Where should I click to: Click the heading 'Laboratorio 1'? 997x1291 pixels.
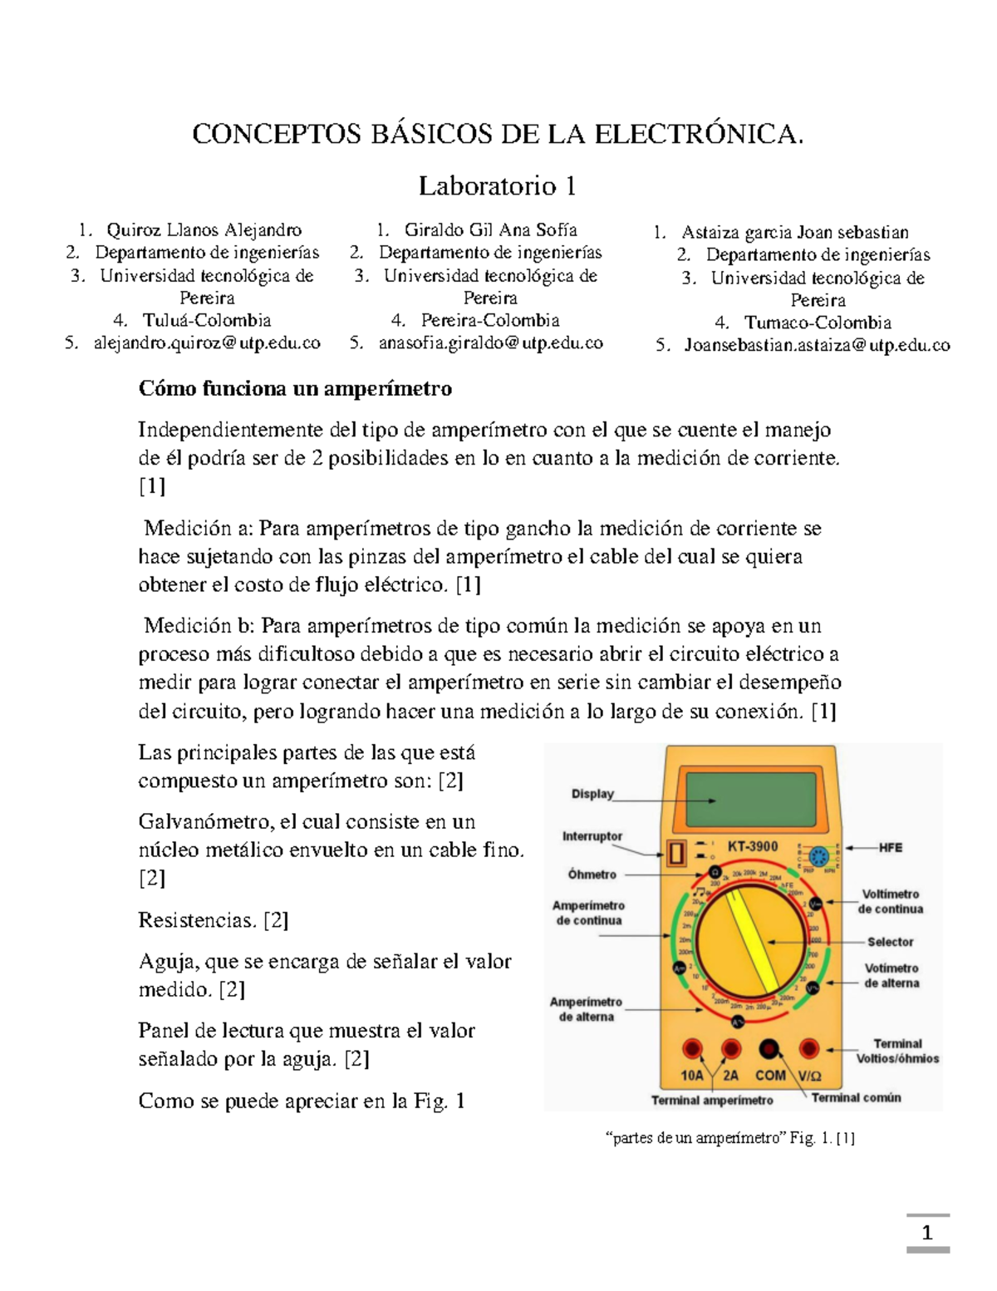(x=497, y=185)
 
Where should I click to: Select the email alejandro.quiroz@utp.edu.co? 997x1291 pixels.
(x=206, y=342)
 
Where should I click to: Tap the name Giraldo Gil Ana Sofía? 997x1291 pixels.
(x=490, y=229)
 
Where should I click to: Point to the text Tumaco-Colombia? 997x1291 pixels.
(x=818, y=323)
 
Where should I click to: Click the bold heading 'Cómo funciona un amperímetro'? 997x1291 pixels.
(x=295, y=388)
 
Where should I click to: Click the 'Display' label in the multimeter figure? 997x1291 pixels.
(x=592, y=794)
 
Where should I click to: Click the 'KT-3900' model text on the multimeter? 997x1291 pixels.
(x=753, y=846)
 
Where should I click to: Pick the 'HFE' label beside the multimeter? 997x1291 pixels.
(x=891, y=848)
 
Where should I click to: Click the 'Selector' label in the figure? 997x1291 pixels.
(x=890, y=942)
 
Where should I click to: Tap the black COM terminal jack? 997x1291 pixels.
(x=770, y=1049)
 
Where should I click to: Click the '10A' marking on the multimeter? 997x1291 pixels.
(x=692, y=1076)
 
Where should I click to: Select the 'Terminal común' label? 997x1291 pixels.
(x=856, y=1098)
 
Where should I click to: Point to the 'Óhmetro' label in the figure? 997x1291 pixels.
(x=592, y=875)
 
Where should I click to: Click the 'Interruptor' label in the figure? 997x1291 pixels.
(x=592, y=836)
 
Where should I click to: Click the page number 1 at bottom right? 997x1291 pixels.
(x=927, y=1233)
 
